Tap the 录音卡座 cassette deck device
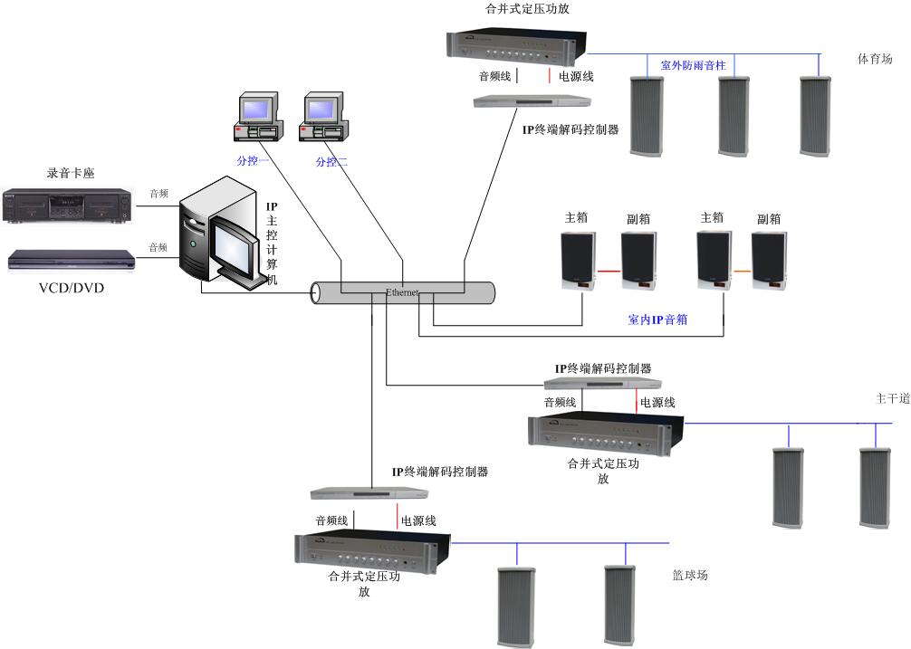67,205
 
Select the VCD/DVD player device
72,260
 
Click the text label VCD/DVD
71,290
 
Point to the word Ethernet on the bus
402,293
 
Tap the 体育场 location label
875,60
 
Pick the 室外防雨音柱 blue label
693,65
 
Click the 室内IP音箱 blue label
657,320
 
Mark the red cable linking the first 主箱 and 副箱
609,271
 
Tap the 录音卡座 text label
71,173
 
